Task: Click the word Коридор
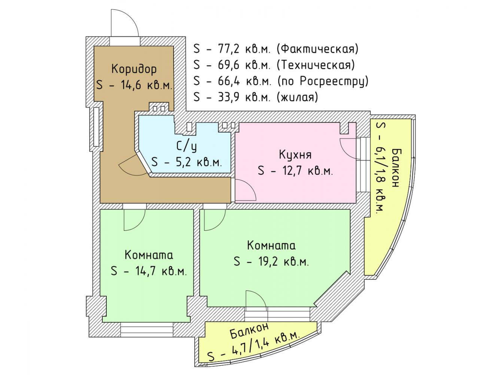[x=134, y=69]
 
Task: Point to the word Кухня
[x=295, y=154]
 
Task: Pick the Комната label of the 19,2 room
[x=271, y=246]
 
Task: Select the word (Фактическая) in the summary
[x=317, y=49]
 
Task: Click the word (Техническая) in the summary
[x=316, y=65]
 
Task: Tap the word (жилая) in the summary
[x=297, y=97]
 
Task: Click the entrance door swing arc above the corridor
[x=125, y=23]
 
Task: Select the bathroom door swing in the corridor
[x=133, y=165]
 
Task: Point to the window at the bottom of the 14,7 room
[x=147, y=331]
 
